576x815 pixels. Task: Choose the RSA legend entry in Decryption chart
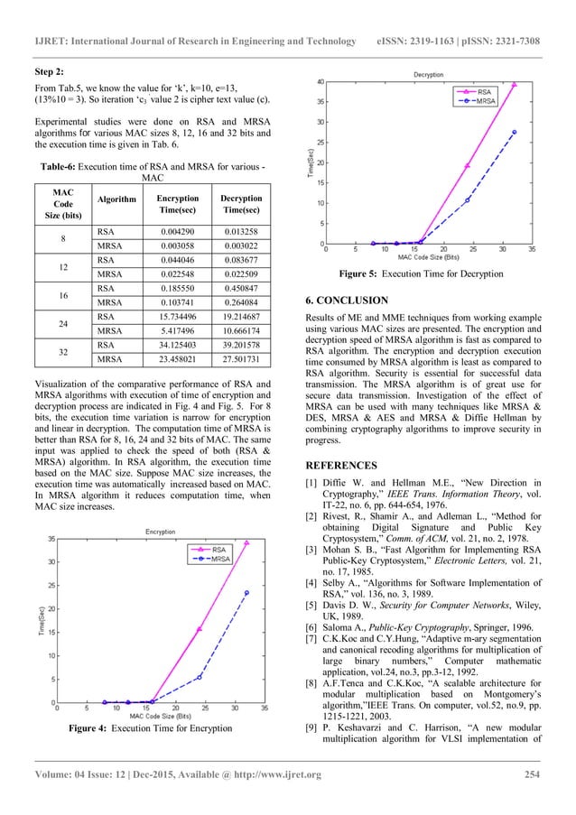pyautogui.click(x=484, y=91)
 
